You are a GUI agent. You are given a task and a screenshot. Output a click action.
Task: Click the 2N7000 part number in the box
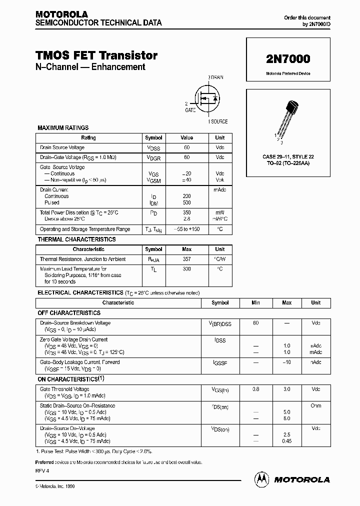[x=287, y=58]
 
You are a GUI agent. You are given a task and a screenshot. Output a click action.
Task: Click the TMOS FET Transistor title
[x=96, y=55]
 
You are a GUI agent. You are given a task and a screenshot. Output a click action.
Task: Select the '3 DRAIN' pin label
[x=216, y=77]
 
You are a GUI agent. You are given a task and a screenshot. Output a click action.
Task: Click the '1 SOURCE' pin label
[x=217, y=121]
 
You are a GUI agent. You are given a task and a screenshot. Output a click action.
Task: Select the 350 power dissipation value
[x=186, y=212]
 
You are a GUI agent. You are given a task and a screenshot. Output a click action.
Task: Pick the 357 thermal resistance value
[x=186, y=259]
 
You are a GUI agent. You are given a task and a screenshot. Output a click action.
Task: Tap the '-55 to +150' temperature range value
[x=186, y=229]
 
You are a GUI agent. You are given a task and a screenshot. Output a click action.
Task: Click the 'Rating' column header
[x=88, y=137]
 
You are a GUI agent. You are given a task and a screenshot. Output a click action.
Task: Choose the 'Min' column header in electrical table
[x=255, y=302]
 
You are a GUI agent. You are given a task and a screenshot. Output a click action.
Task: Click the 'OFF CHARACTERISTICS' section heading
[x=69, y=312]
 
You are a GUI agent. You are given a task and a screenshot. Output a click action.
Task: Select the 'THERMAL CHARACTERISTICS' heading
[x=76, y=239]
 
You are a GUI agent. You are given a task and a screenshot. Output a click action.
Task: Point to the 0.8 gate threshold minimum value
[x=255, y=388]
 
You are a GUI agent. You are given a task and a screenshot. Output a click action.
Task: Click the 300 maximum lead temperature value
[x=186, y=269]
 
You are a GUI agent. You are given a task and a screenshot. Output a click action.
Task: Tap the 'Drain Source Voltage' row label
[x=62, y=147]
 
